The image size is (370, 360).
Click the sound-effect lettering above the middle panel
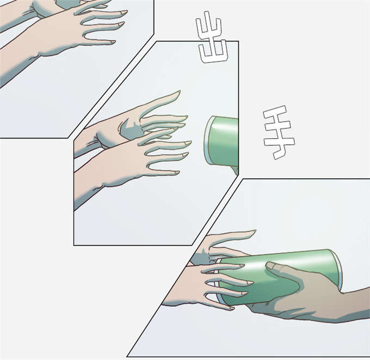(212, 37)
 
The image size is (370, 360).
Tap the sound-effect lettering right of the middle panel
(279, 132)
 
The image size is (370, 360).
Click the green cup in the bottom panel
(279, 276)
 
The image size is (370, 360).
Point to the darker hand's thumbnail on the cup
(270, 266)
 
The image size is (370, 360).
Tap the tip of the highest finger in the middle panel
(180, 91)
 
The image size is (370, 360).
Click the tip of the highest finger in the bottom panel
(255, 231)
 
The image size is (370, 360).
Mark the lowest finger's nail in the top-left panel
(113, 42)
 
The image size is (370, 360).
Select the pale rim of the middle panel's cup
(207, 141)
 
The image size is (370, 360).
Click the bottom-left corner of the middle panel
(74, 245)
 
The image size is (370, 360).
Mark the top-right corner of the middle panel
(238, 41)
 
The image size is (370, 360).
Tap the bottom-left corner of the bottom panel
(127, 356)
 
